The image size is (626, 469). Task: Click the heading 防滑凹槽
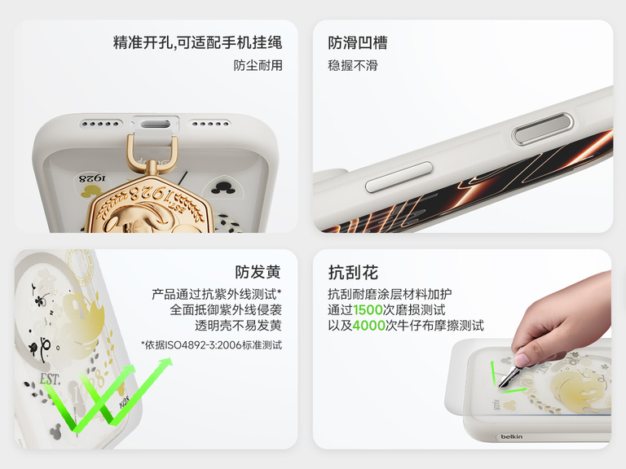(x=357, y=42)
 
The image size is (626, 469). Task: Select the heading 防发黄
(x=258, y=273)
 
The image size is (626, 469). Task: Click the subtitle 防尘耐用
(x=258, y=65)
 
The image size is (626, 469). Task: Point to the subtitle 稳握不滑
(x=353, y=65)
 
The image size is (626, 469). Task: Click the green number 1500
(x=369, y=309)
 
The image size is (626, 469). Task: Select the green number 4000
(x=368, y=326)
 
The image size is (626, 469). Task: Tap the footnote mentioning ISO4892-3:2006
(x=211, y=345)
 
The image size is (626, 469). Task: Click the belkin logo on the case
(x=512, y=437)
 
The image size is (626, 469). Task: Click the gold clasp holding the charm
(x=151, y=155)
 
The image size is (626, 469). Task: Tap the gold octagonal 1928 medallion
(x=151, y=208)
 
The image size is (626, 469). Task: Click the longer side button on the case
(x=399, y=177)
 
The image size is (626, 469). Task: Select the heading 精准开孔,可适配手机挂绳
(x=197, y=42)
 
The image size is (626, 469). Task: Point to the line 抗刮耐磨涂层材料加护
(x=390, y=293)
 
